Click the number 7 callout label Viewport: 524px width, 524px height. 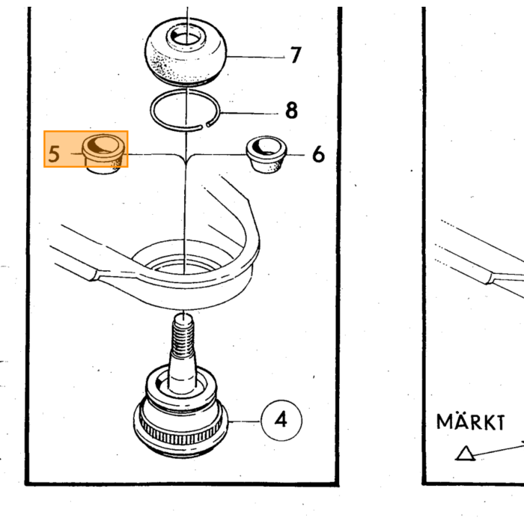[296, 55]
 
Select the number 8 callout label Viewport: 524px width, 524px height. [291, 110]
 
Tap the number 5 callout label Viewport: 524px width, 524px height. [54, 154]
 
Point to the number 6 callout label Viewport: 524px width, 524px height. [318, 154]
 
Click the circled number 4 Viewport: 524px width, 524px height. [281, 420]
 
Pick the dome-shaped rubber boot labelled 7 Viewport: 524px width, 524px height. [186, 53]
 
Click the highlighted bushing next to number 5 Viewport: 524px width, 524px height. [103, 154]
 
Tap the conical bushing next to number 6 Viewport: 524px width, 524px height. [266, 154]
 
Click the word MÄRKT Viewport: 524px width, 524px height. [471, 421]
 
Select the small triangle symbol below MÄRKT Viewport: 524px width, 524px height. [465, 454]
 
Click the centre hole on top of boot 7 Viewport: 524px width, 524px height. [186, 37]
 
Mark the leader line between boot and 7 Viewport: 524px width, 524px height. [256, 57]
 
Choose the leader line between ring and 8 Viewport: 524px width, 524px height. [249, 113]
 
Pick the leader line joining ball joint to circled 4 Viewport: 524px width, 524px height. [244, 421]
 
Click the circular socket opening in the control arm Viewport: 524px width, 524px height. [183, 258]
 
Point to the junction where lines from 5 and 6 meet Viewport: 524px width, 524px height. [186, 159]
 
